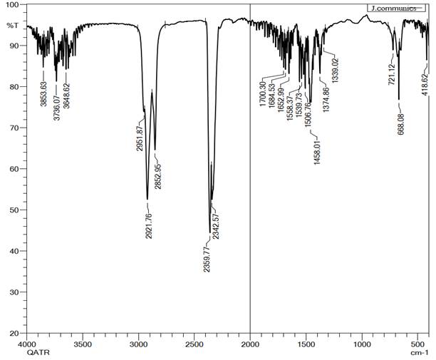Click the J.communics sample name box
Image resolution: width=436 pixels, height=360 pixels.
point(390,9)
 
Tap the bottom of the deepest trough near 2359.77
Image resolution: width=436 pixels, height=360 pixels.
point(209,232)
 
